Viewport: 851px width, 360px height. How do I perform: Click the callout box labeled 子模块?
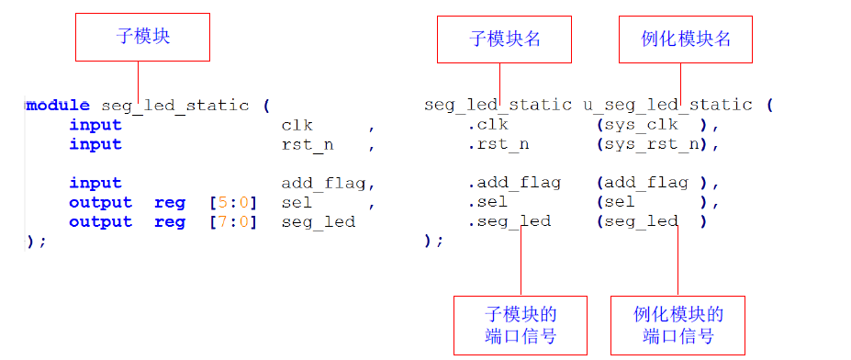(x=142, y=37)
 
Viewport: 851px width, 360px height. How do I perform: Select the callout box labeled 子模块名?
(x=504, y=39)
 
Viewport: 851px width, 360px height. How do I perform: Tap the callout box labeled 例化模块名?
(x=685, y=39)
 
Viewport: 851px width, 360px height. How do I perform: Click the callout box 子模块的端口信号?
(x=520, y=325)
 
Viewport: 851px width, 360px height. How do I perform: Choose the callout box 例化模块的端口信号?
(x=677, y=325)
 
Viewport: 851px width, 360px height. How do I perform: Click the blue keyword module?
(x=58, y=105)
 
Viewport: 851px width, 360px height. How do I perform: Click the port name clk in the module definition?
(x=297, y=125)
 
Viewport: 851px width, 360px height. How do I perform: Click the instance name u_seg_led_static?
(x=667, y=105)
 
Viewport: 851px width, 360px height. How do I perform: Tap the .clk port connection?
(x=487, y=125)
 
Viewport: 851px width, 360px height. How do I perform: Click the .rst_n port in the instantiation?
(x=498, y=144)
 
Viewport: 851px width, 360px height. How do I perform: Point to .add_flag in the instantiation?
(x=514, y=183)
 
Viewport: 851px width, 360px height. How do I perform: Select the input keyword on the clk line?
(x=95, y=125)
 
